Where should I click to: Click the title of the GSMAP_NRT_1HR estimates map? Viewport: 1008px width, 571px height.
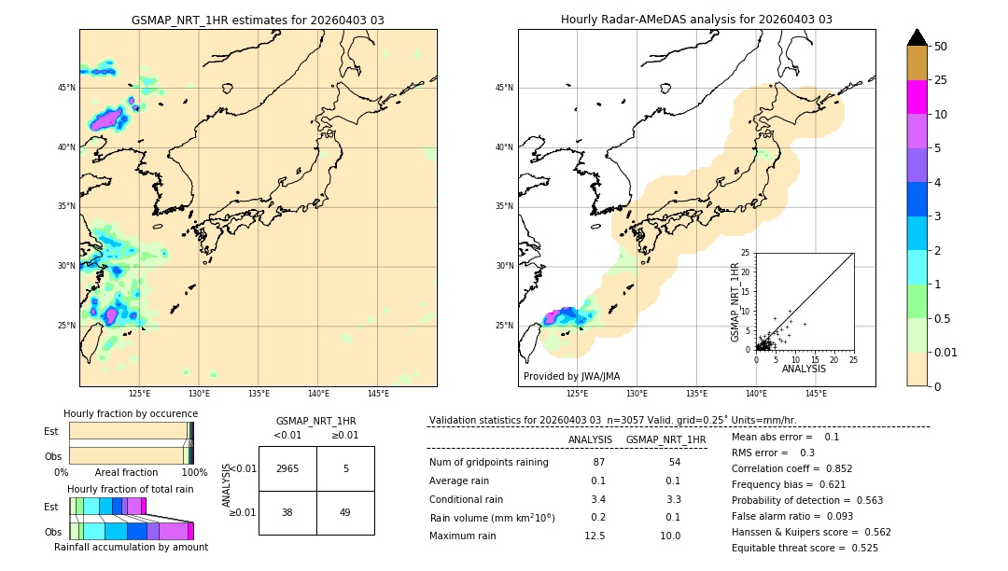(258, 20)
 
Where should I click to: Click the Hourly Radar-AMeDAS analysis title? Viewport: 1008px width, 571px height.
(696, 20)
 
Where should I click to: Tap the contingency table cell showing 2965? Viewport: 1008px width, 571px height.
(287, 468)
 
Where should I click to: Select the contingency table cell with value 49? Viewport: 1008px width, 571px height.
(345, 512)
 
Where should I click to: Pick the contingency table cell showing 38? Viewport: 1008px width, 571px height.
(287, 512)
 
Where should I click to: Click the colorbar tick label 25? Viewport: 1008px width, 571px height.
(941, 80)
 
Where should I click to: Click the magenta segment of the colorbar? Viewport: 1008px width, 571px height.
(917, 97)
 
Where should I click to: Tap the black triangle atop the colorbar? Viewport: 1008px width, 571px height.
(917, 37)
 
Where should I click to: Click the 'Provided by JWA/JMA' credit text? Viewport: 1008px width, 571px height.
(571, 376)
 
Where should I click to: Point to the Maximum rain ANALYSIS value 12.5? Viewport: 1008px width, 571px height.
(595, 536)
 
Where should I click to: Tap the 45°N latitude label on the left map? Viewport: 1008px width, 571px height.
(65, 88)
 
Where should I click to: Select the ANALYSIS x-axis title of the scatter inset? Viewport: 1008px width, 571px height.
(804, 369)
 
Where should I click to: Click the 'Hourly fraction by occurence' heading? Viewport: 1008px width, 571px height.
(131, 413)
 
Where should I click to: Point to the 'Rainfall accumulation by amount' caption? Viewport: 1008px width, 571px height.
(131, 547)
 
